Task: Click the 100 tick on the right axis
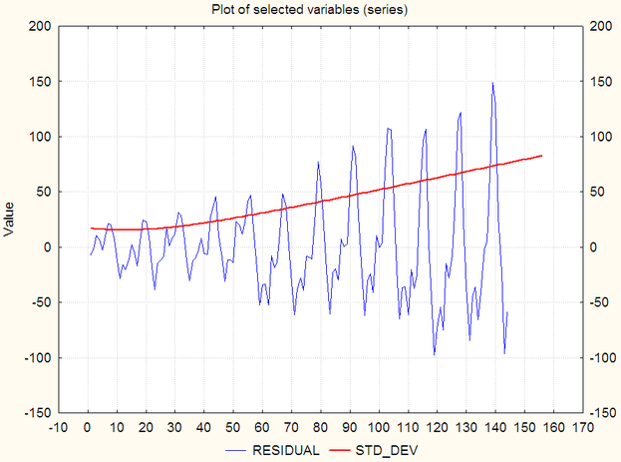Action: [601, 137]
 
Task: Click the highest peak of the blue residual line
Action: [492, 83]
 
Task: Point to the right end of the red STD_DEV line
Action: [542, 156]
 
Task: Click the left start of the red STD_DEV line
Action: [91, 229]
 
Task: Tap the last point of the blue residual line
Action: [507, 312]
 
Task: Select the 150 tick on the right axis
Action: [601, 81]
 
